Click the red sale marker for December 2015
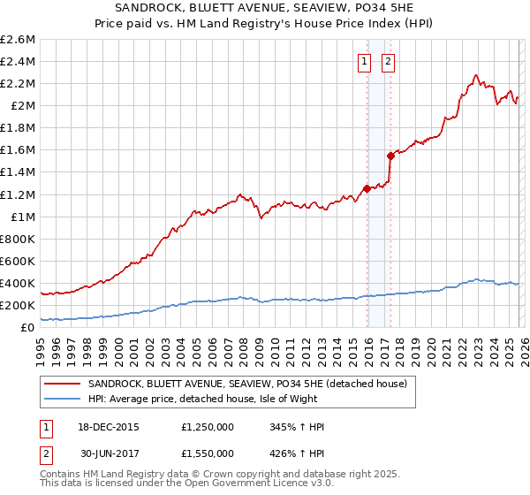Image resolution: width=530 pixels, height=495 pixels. coord(367,188)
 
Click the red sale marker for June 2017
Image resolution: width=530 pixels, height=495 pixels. coord(390,155)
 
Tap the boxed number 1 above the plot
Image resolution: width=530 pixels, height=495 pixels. coord(364,62)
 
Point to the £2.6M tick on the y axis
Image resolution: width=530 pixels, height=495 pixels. coord(19,40)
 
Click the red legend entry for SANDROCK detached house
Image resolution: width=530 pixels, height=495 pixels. coord(247,384)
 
